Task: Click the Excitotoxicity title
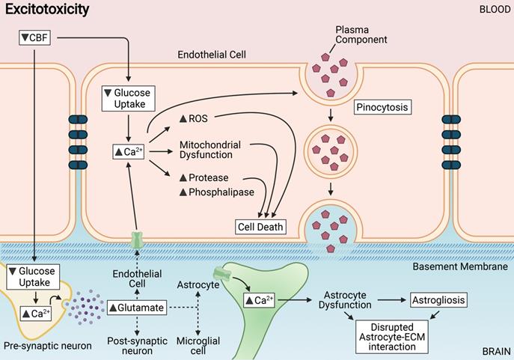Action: [47, 10]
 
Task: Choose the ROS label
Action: [196, 119]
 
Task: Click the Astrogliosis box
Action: [438, 300]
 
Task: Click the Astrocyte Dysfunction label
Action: [346, 300]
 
